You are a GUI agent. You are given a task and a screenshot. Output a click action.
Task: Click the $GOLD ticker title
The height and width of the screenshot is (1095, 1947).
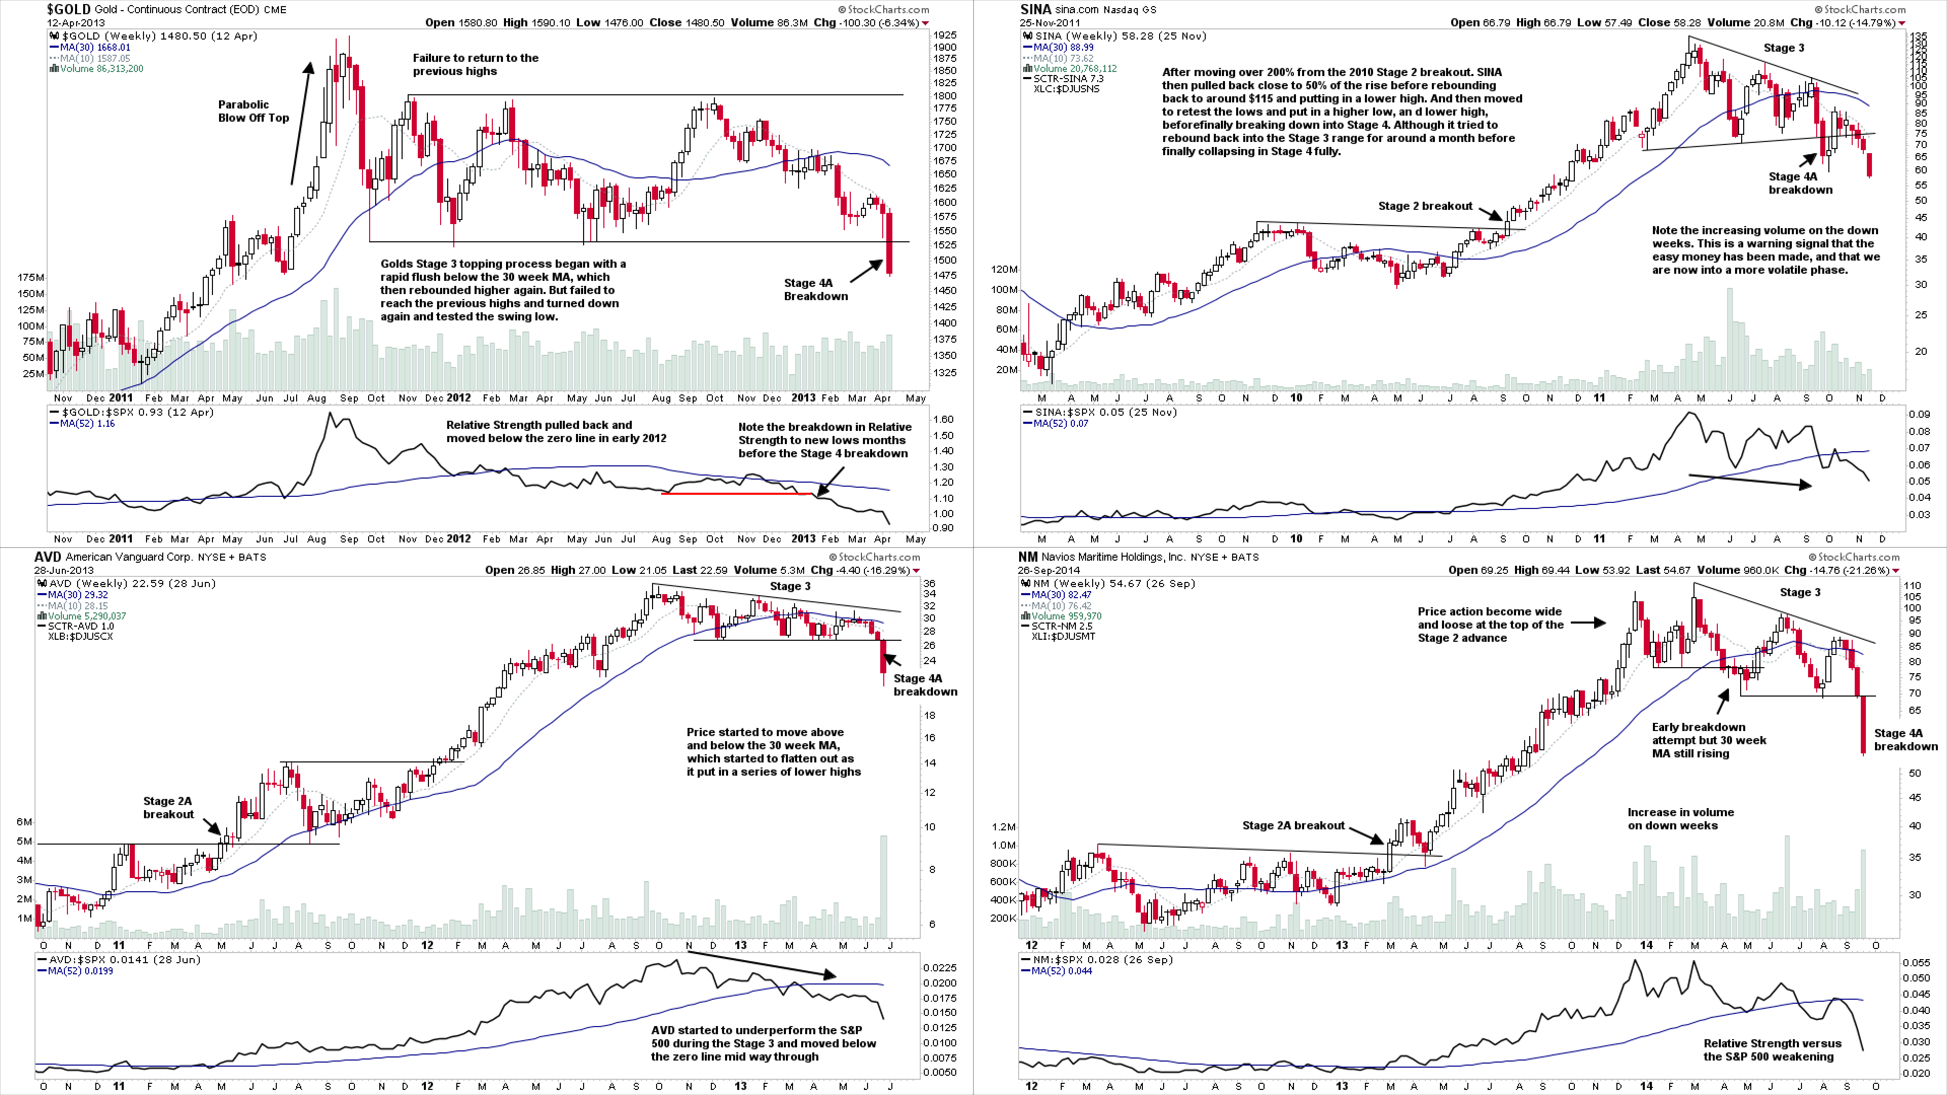pyautogui.click(x=69, y=9)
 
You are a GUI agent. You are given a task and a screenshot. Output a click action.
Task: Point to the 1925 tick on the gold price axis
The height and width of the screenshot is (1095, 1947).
pyautogui.click(x=945, y=35)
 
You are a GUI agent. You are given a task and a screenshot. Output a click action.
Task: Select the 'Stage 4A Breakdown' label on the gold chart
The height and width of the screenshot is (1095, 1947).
pyautogui.click(x=815, y=289)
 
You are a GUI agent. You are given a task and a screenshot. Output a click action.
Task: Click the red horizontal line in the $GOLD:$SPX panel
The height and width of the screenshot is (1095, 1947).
pyautogui.click(x=737, y=493)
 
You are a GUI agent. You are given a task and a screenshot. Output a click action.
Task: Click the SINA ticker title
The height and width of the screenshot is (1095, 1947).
pyautogui.click(x=1035, y=9)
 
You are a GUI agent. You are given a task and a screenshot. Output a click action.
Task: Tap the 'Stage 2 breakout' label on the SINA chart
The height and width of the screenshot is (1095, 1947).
pyautogui.click(x=1425, y=205)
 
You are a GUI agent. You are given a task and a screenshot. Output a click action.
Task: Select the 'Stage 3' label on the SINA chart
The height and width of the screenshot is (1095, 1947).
pyautogui.click(x=1784, y=48)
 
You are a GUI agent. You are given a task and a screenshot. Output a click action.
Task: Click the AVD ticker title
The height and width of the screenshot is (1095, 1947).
pyautogui.click(x=48, y=557)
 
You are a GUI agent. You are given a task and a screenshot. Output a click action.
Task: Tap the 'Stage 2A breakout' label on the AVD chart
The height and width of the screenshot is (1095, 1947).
pyautogui.click(x=168, y=807)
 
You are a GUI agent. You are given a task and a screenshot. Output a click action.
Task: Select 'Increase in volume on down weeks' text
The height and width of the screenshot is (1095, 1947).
pyautogui.click(x=1680, y=818)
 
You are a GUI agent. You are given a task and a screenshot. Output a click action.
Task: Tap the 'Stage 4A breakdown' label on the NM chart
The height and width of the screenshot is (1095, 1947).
pyautogui.click(x=1905, y=739)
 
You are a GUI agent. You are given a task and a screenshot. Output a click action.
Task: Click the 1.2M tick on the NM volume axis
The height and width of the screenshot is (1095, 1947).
pyautogui.click(x=1004, y=827)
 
